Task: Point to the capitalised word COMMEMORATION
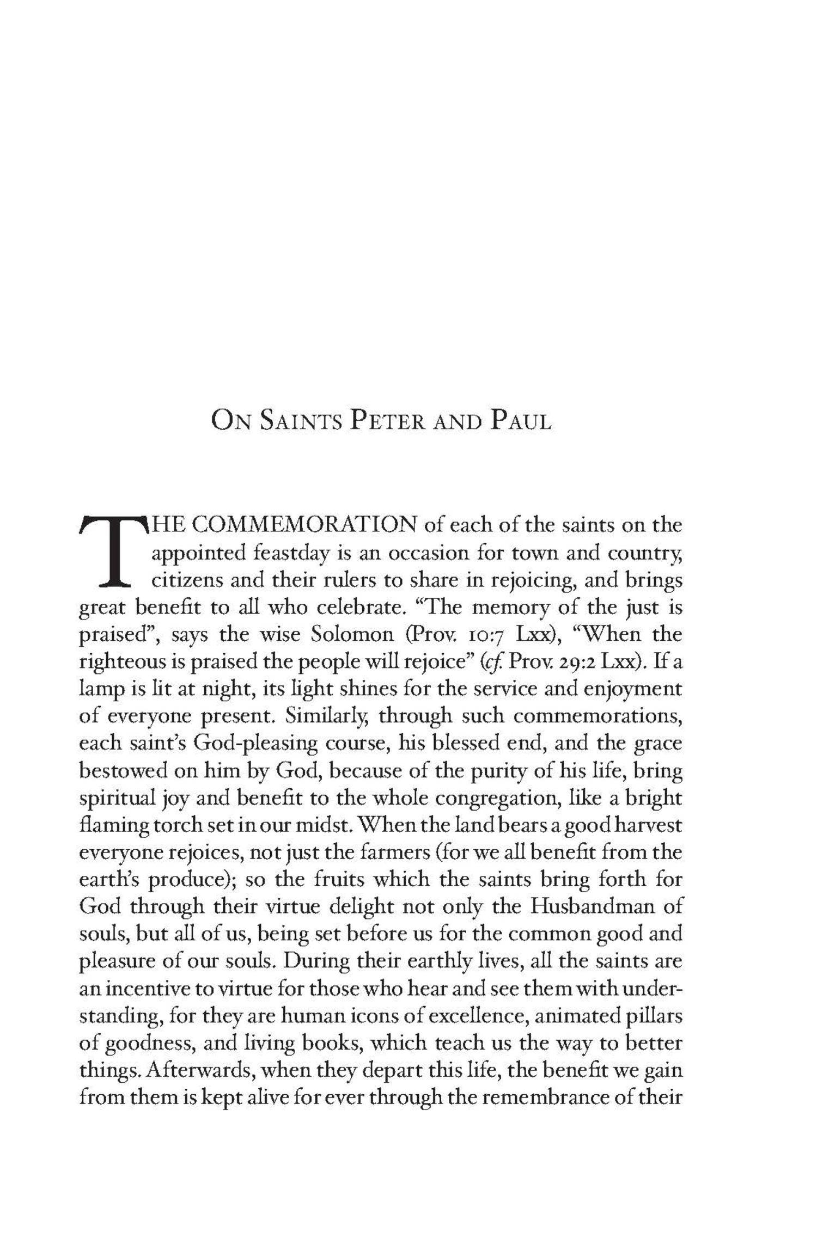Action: tap(306, 525)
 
